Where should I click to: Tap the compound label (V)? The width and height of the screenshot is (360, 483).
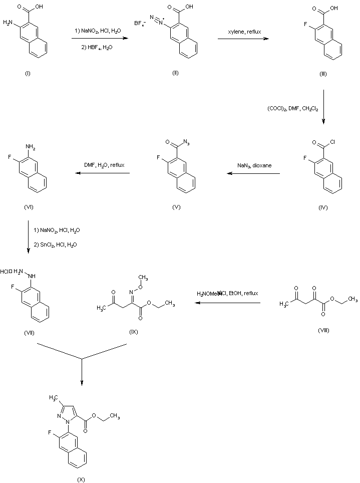[x=176, y=207]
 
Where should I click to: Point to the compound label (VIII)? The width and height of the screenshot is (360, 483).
[x=323, y=331]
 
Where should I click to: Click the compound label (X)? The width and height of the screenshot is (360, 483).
[x=81, y=479]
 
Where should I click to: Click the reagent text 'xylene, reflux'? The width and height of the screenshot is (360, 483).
[x=242, y=31]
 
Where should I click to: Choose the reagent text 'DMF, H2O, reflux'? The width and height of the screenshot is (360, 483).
[x=103, y=164]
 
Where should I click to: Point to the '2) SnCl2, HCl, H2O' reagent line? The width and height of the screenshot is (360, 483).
[x=57, y=244]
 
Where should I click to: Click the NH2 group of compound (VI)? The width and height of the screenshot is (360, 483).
[x=32, y=147]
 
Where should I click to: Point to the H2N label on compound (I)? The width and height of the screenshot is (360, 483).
[x=8, y=22]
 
